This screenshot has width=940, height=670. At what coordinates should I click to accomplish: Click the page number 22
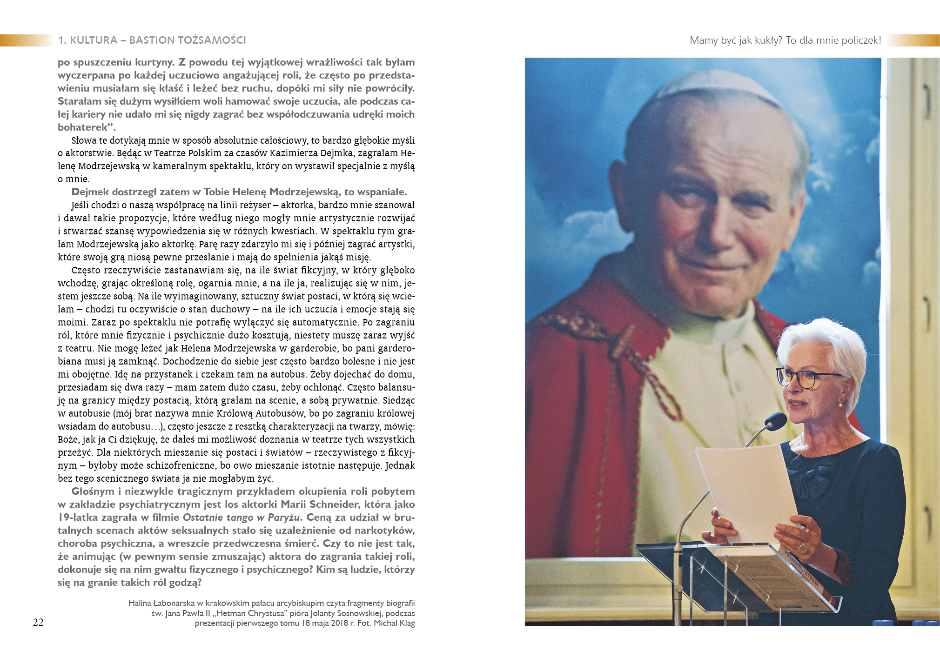pos(38,623)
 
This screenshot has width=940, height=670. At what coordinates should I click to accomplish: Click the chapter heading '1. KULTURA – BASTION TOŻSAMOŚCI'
pos(152,40)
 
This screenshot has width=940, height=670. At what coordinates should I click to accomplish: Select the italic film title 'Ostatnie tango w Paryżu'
pos(242,517)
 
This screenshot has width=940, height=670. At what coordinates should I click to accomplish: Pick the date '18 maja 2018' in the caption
pos(325,623)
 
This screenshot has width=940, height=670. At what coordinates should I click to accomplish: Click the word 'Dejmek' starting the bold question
pos(90,192)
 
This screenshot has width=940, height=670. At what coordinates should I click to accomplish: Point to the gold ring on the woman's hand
pos(802,549)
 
